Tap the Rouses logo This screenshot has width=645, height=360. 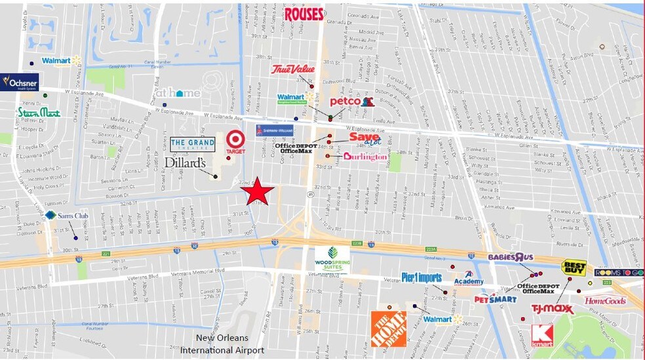tap(304, 13)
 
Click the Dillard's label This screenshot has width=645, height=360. tap(186, 162)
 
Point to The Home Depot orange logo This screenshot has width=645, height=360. tap(388, 329)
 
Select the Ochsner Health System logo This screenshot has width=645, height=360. tap(20, 83)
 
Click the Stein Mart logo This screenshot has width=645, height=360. tap(38, 113)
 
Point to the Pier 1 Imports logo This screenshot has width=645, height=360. tap(421, 277)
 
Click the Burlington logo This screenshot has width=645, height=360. tap(365, 157)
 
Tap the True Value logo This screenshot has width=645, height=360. tap(293, 69)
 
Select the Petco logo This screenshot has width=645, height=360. tap(351, 102)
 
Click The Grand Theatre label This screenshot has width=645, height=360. tap(192, 144)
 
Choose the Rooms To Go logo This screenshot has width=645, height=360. tap(619, 272)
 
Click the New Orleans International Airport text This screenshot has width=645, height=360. tap(222, 344)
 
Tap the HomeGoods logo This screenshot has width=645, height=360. tap(605, 301)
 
